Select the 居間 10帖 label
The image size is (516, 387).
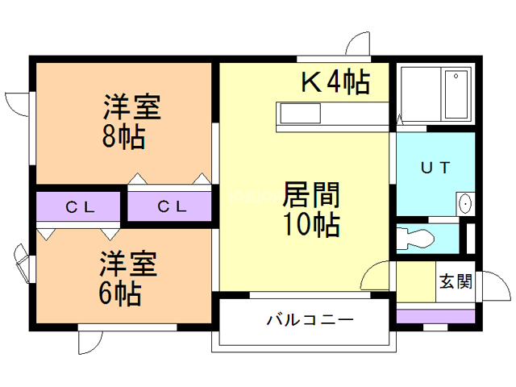[x=310, y=210]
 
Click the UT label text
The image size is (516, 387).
[x=435, y=169]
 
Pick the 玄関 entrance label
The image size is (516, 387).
[x=456, y=282]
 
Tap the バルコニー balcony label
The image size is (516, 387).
[x=310, y=320]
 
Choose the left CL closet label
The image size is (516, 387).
[x=81, y=206]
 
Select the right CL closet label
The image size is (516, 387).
[x=172, y=206]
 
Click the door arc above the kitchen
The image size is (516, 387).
[x=356, y=44]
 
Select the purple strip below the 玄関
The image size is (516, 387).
[x=436, y=315]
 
